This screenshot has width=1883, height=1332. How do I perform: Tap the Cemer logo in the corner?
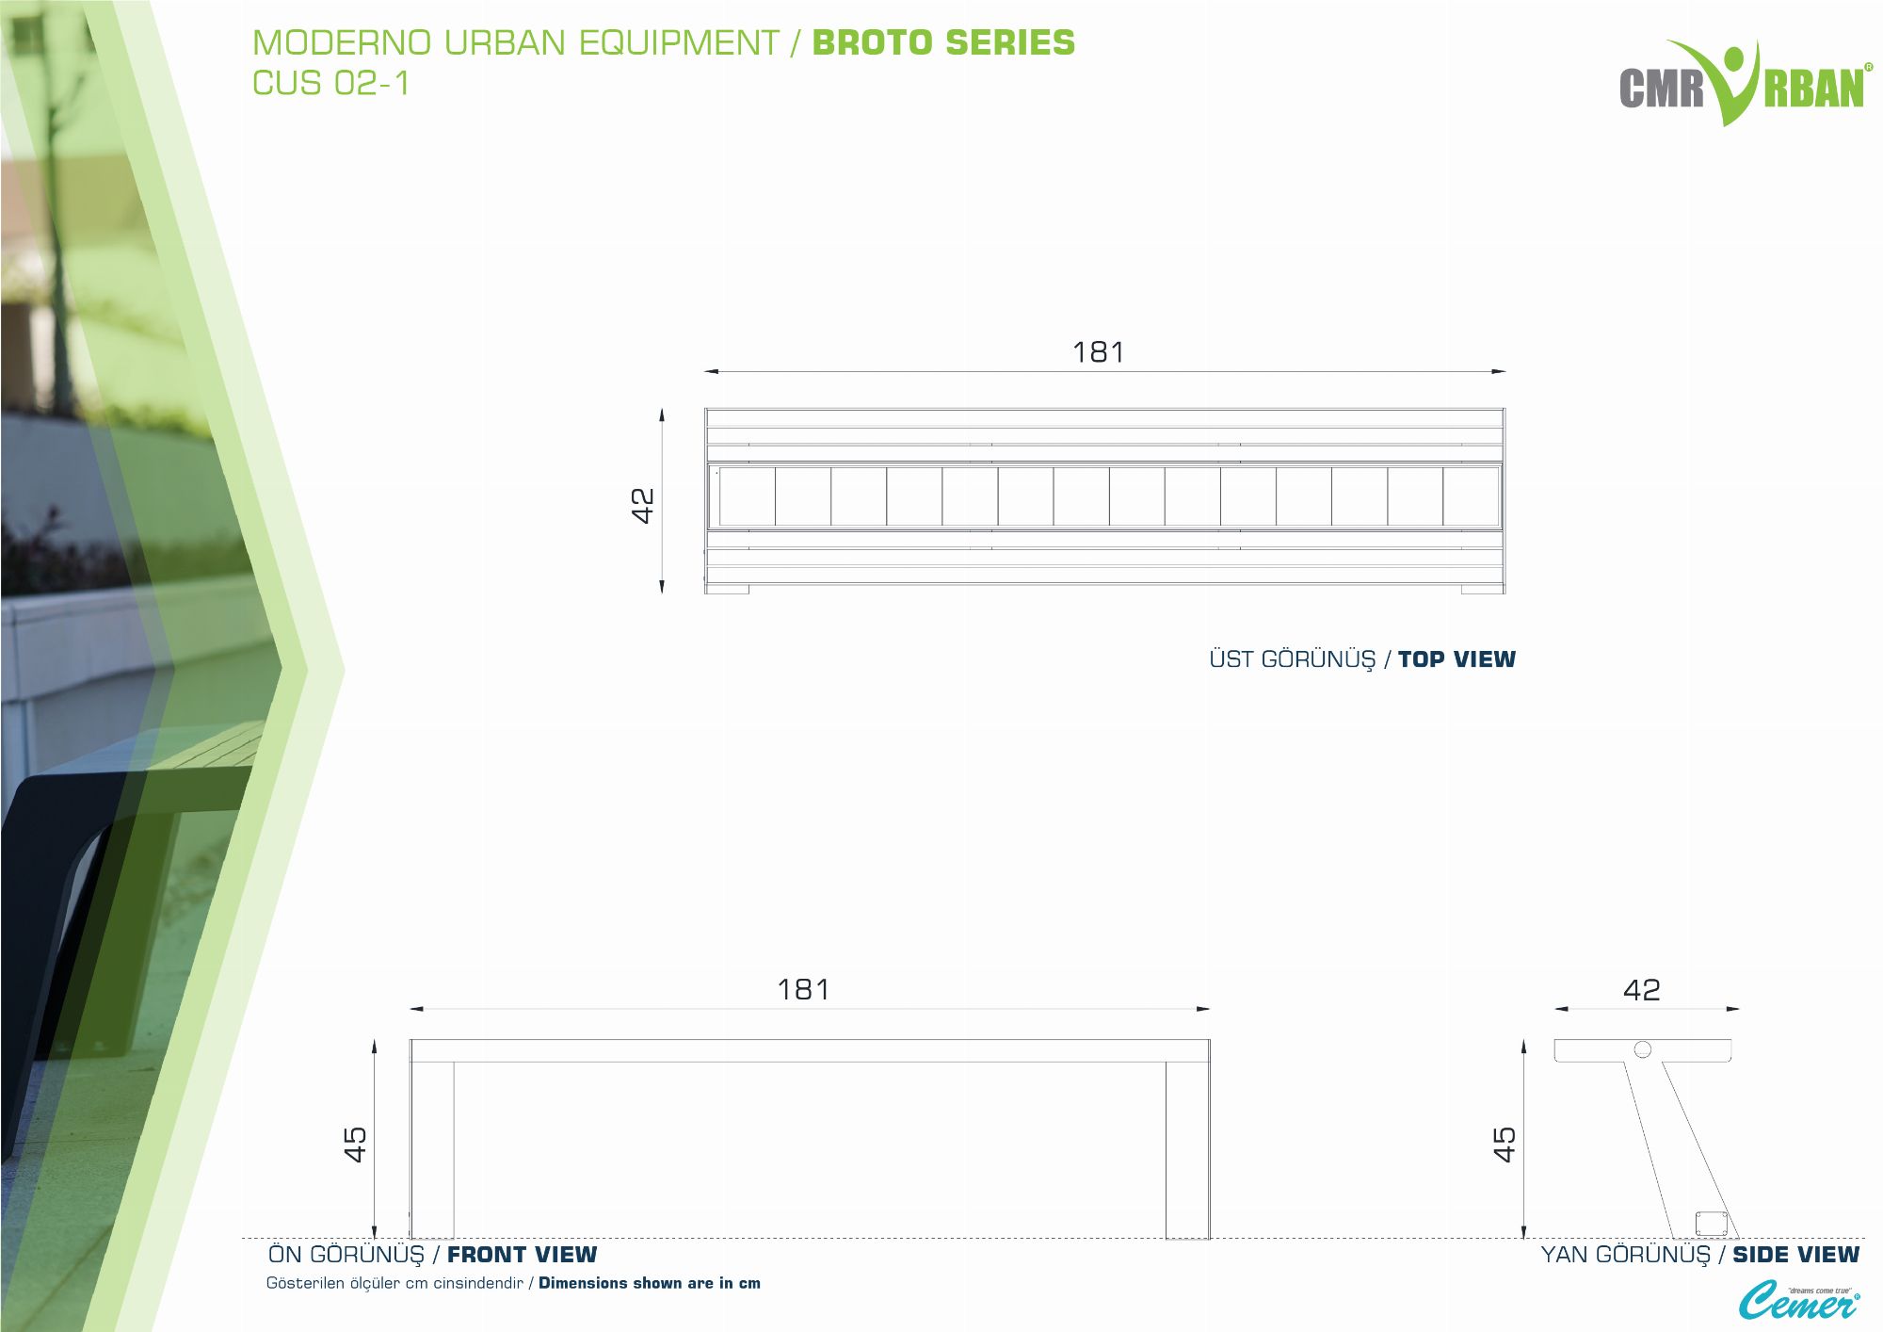point(1798,1301)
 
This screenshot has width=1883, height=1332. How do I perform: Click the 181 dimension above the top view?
point(1098,352)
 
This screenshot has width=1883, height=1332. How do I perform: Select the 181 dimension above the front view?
point(803,990)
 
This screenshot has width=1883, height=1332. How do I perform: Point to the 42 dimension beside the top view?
point(642,505)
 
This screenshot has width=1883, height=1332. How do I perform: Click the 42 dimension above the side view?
point(1642,990)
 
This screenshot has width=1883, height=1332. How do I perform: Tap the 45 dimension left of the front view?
point(355,1145)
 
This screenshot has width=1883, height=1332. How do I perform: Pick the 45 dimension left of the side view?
point(1505,1145)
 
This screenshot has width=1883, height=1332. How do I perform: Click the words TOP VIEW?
point(1457,659)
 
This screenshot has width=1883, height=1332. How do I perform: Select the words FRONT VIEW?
point(522,1255)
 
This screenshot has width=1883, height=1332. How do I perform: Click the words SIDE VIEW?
point(1795,1255)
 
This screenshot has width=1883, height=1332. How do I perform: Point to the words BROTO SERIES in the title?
point(943,43)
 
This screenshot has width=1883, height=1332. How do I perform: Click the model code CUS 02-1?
point(330,83)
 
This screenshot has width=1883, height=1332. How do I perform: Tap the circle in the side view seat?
point(1643,1049)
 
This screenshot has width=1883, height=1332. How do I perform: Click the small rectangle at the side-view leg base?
point(1711,1224)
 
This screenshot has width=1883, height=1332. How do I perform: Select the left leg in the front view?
point(432,1150)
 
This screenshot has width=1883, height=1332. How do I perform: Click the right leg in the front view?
point(1187,1150)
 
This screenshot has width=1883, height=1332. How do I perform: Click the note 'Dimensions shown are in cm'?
point(650,1283)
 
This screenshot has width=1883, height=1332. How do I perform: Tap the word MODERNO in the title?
point(342,43)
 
